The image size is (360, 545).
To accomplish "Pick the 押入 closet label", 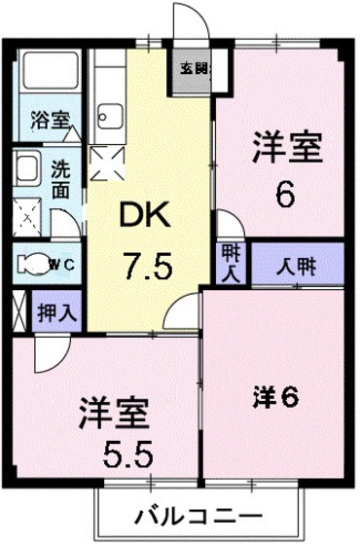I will [53, 313].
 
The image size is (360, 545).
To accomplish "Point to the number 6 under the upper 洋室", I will [284, 196].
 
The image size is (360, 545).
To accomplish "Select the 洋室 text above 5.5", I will [114, 413].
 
